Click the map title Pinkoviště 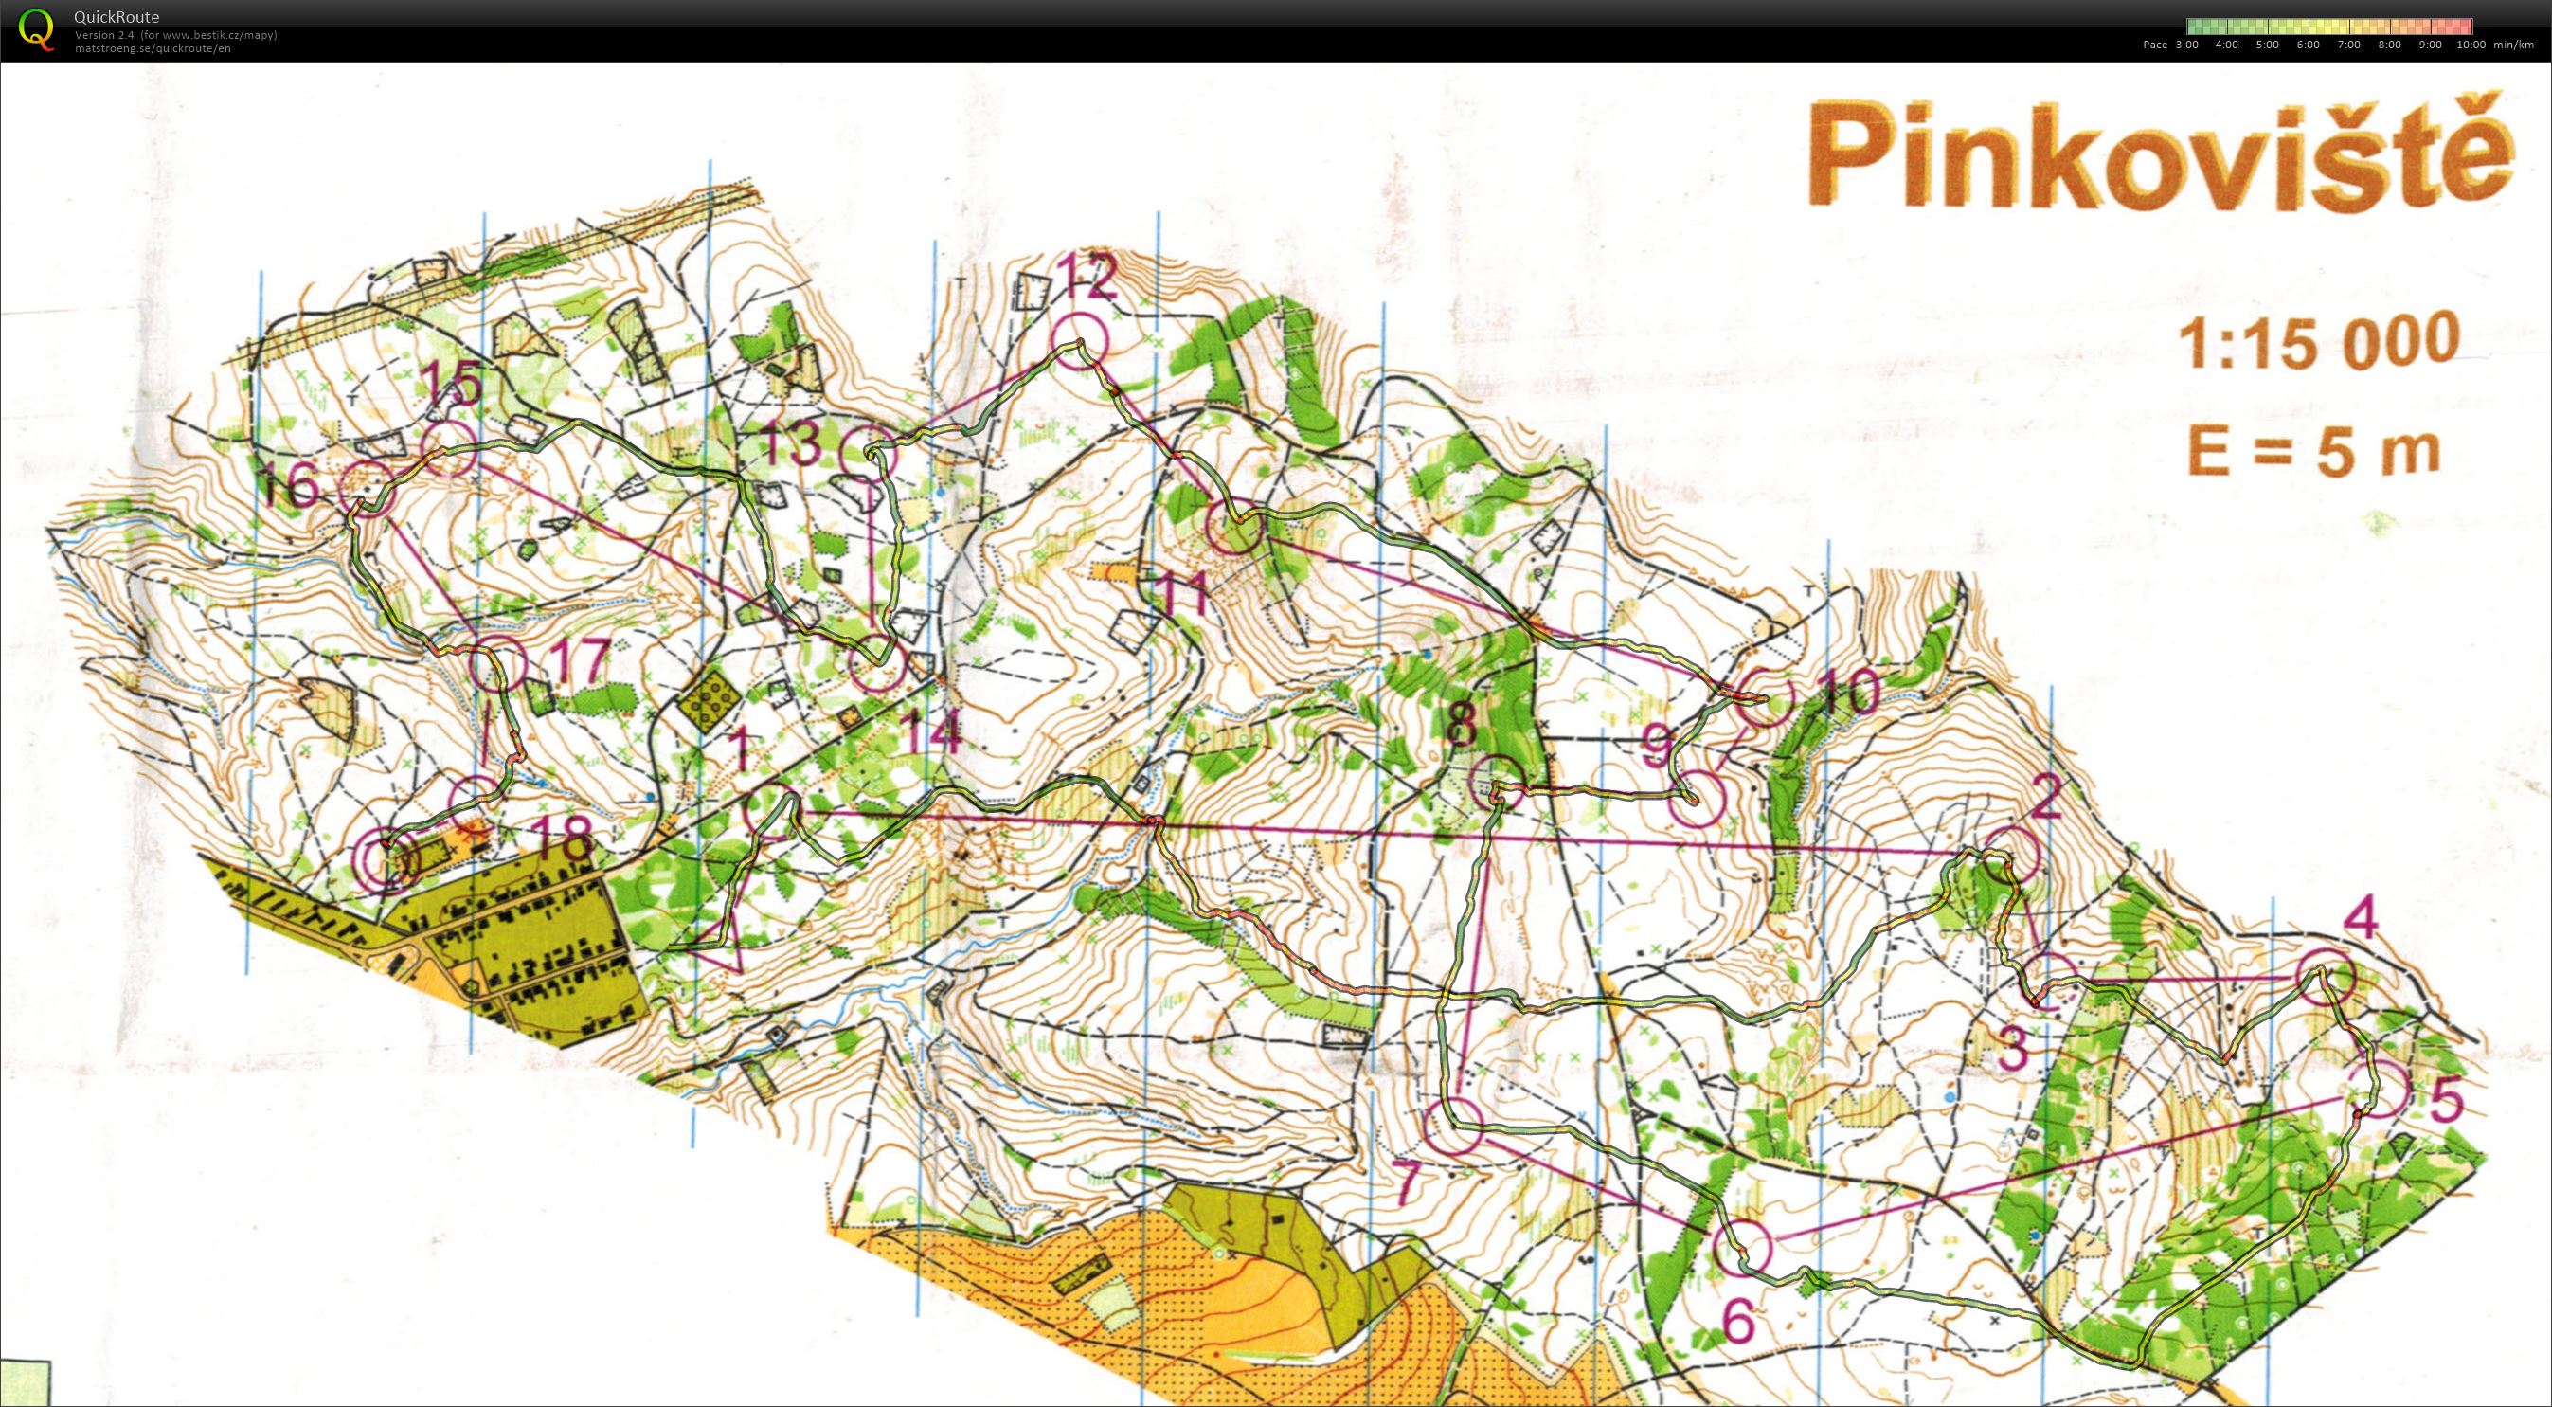[x=2160, y=155]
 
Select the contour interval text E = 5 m [x=2312, y=452]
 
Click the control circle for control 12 [x=1078, y=342]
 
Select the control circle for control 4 [x=2323, y=976]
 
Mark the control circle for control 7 [x=1453, y=1128]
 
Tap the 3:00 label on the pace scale [x=2186, y=45]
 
